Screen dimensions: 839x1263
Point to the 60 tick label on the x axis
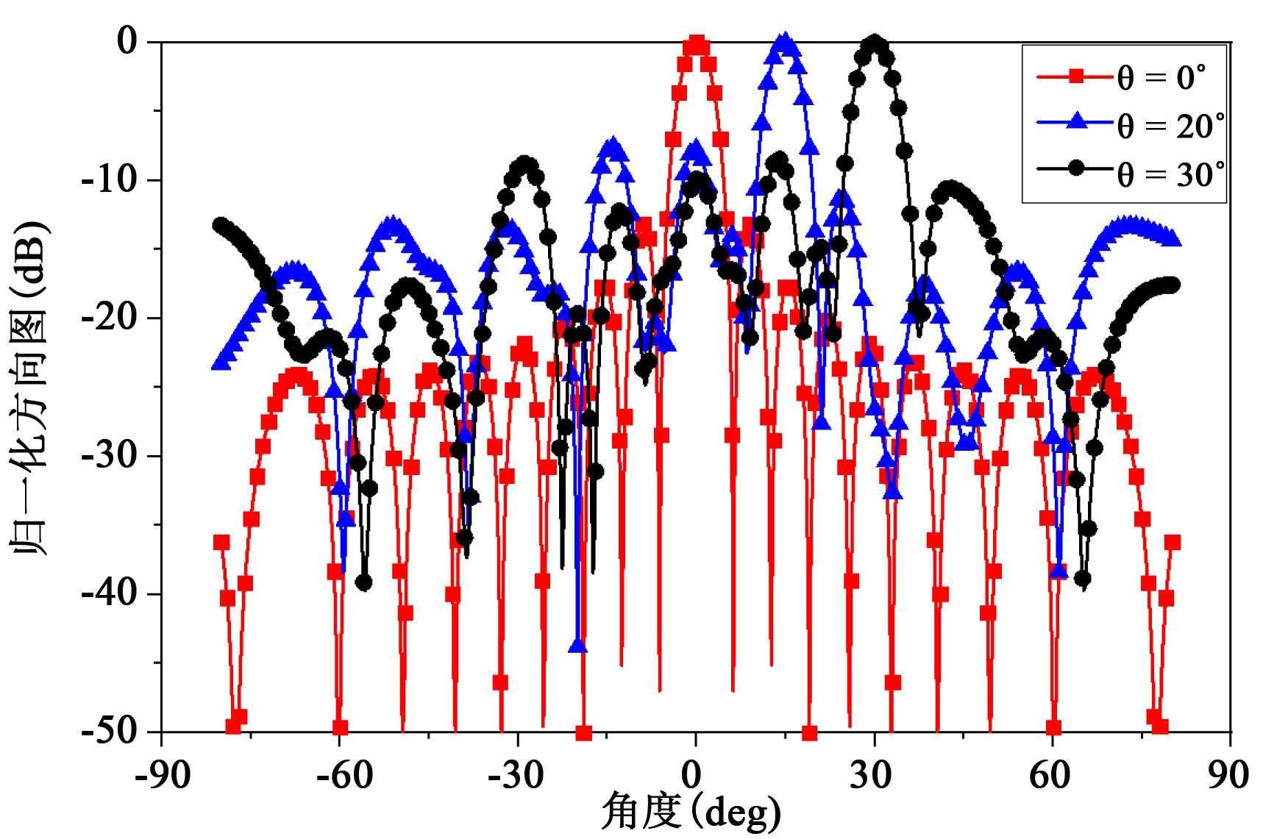coord(1052,775)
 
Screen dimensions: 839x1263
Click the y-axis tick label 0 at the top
coord(128,42)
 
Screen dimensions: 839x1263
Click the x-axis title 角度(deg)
coord(691,813)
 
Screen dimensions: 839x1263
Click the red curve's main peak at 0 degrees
coord(695,45)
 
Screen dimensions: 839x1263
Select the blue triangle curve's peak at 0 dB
coord(785,43)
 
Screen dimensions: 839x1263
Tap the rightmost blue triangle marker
coord(1174,239)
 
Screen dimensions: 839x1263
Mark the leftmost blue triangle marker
coord(218,363)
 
